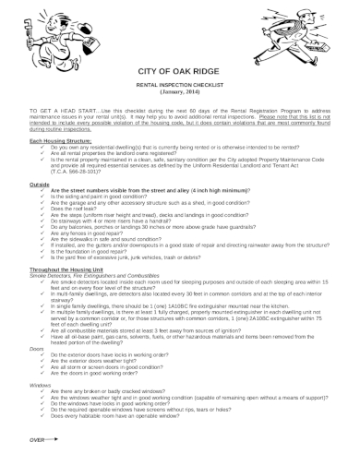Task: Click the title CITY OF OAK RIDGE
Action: pyautogui.click(x=179, y=71)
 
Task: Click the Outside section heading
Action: pyautogui.click(x=40, y=185)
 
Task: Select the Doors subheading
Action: pyautogui.click(x=36, y=349)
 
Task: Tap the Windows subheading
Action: pyautogui.click(x=40, y=383)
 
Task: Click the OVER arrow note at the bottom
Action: pyautogui.click(x=45, y=439)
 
